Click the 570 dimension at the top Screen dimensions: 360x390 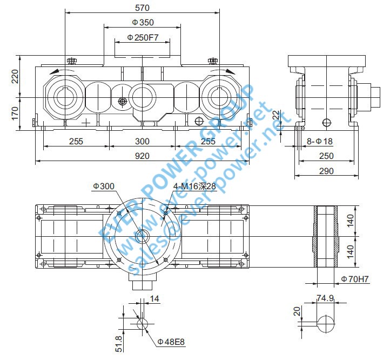click(x=143, y=8)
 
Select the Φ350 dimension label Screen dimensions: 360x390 click(x=143, y=22)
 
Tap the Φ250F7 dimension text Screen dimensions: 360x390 click(x=142, y=37)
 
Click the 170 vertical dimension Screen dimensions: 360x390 click(x=15, y=112)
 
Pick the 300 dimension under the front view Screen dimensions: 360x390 click(x=142, y=141)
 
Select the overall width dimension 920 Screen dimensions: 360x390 click(x=142, y=156)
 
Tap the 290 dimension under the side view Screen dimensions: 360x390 click(x=326, y=171)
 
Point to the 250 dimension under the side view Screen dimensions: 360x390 click(x=326, y=156)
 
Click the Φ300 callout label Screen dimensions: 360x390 click(x=103, y=186)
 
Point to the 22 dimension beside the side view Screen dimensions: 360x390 click(x=276, y=115)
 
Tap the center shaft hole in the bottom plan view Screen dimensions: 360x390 click(x=143, y=236)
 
